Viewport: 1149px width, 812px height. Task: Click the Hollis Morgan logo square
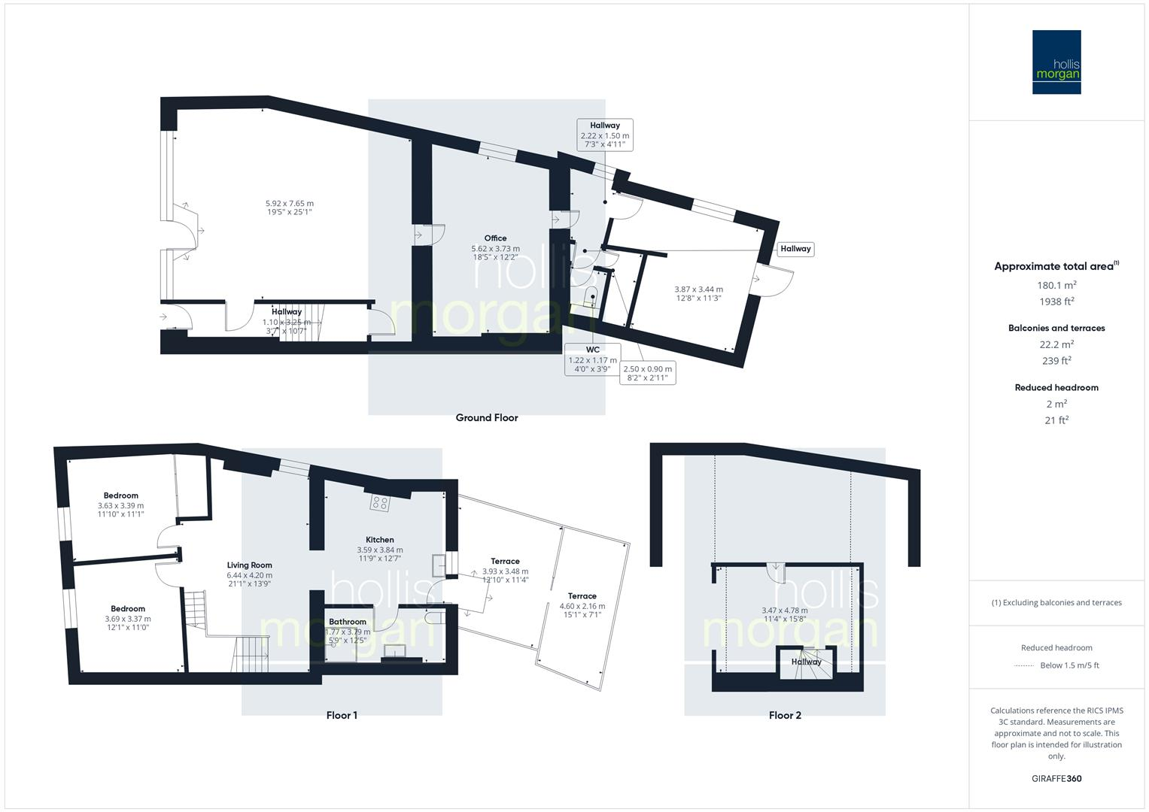click(1056, 62)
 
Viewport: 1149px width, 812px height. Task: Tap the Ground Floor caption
click(487, 418)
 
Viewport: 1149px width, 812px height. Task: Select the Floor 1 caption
click(342, 715)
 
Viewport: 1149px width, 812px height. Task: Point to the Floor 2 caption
click(785, 715)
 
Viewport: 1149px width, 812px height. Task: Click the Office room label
click(495, 238)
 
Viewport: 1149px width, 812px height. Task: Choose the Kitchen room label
click(380, 540)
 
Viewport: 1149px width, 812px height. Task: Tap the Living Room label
click(250, 565)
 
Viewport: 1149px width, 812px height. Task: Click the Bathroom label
click(348, 622)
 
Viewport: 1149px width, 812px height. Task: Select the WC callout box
click(593, 359)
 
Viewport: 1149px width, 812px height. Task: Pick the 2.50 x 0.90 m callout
click(648, 373)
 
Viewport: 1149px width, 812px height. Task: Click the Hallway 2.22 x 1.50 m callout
click(605, 135)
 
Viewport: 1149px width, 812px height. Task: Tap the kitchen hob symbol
click(379, 503)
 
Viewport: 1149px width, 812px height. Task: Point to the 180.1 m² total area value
click(1056, 285)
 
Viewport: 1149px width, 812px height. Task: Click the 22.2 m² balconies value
click(1056, 344)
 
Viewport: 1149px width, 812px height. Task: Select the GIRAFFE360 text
click(1056, 778)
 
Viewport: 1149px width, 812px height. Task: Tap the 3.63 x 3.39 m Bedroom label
click(120, 506)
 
